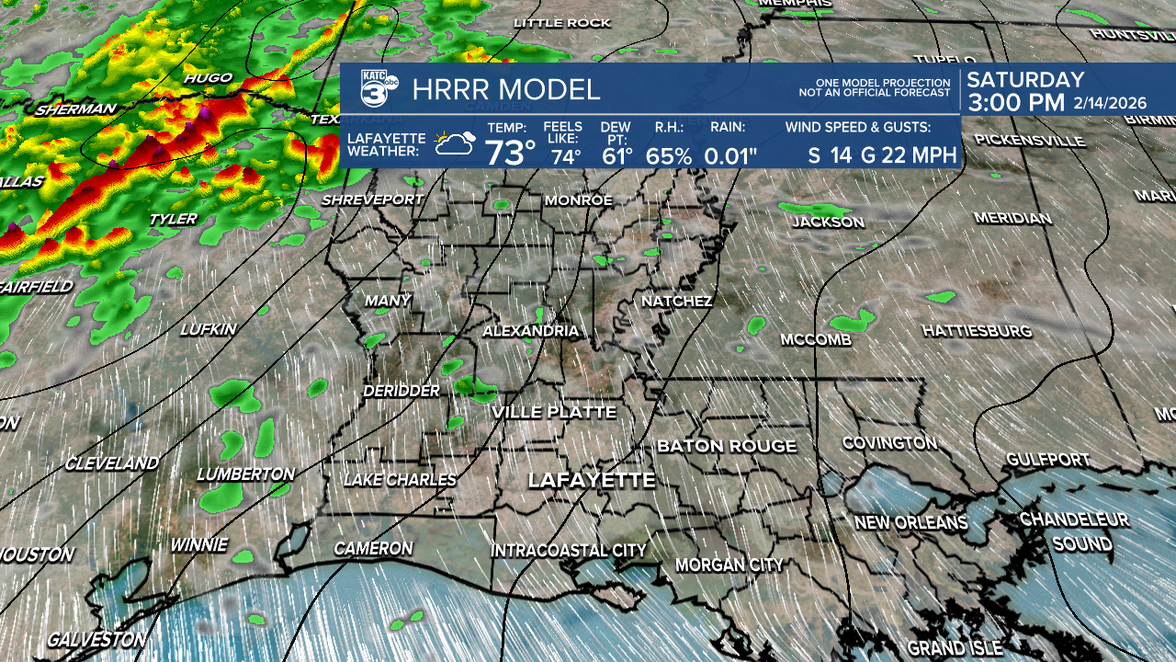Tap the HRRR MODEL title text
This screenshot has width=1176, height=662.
[x=506, y=90]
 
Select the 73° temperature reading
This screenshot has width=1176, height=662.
[x=510, y=152]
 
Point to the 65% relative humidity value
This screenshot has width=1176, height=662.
[x=668, y=155]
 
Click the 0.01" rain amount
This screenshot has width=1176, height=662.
[x=730, y=155]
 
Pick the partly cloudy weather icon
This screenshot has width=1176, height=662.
[x=455, y=143]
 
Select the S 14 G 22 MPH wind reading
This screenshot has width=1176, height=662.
[x=882, y=154]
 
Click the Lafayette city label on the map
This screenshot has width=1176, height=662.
[x=591, y=481]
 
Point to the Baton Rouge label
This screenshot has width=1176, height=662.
[x=726, y=446]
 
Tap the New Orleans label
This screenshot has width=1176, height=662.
[x=910, y=522]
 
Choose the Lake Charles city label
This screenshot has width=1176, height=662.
[x=400, y=479]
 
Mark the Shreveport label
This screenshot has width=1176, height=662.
[x=372, y=200]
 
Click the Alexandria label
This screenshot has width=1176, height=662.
[x=530, y=331]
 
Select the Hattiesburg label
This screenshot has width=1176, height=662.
[x=977, y=330]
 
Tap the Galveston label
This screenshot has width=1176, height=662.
[x=96, y=639]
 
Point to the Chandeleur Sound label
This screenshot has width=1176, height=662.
[x=1074, y=531]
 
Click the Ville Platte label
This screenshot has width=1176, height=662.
[x=553, y=412]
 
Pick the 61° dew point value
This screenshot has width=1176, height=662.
[x=617, y=155]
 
